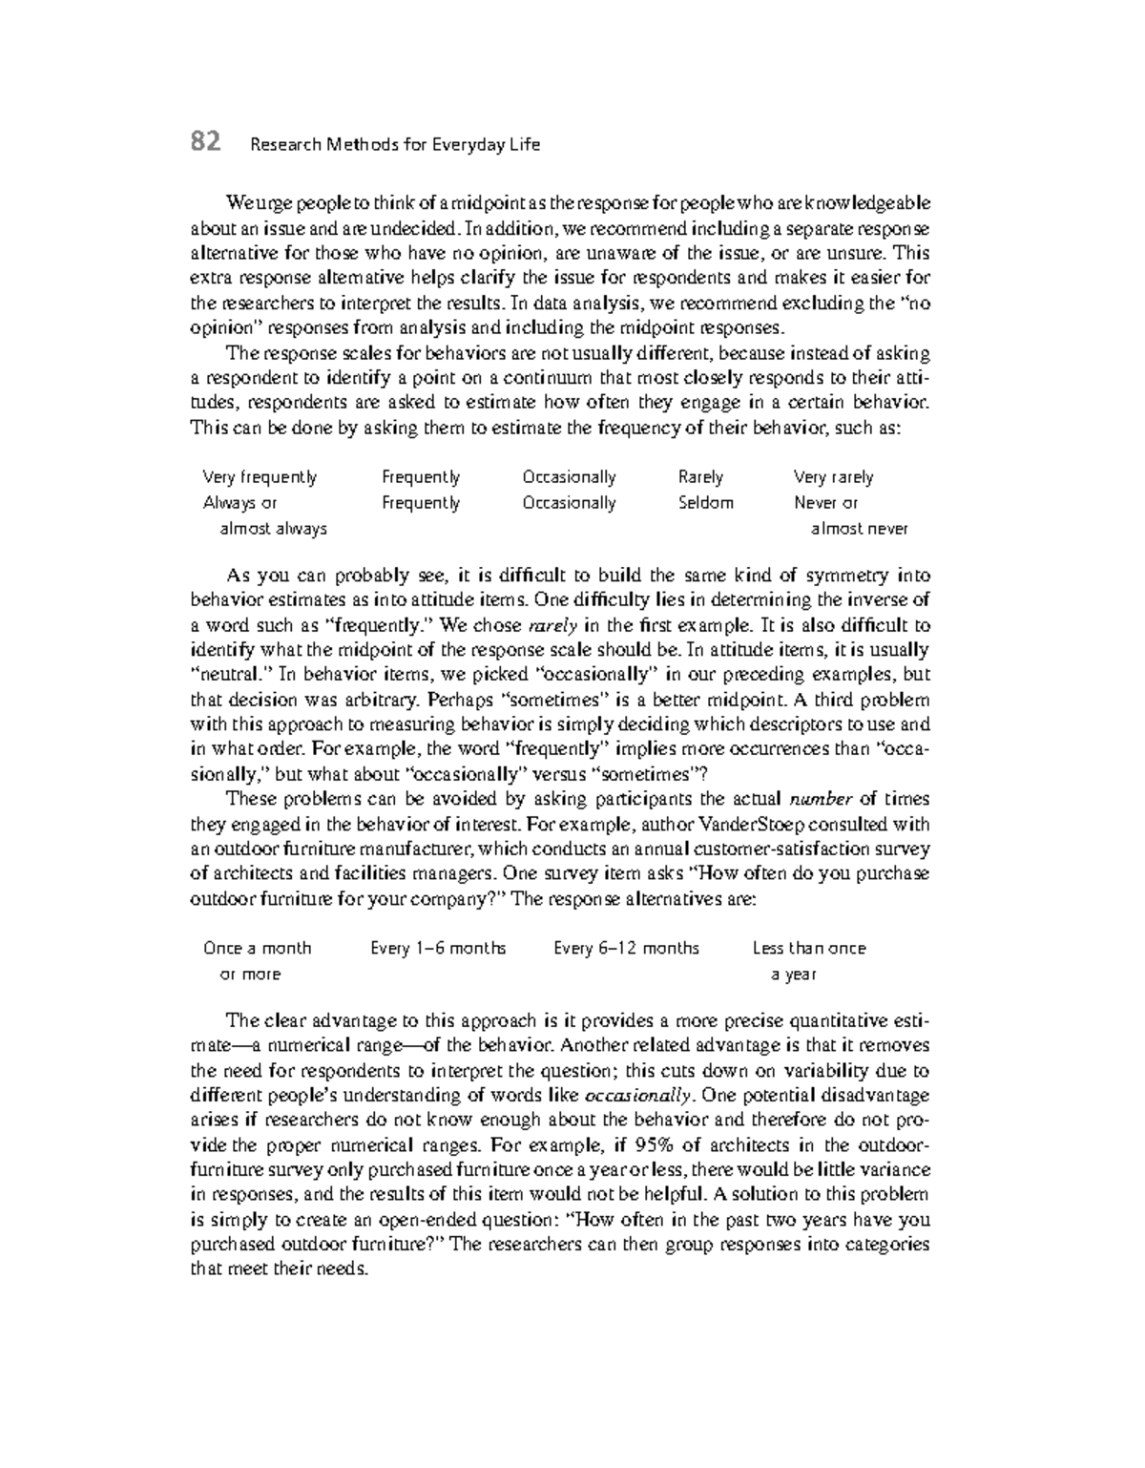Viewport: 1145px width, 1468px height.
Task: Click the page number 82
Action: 206,142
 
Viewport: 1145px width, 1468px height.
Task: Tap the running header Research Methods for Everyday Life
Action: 394,145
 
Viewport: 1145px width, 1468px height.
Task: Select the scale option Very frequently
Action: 260,477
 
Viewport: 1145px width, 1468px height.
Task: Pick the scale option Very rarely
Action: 833,477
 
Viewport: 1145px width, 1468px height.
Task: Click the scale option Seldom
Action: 705,503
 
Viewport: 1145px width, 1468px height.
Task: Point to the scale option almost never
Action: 859,529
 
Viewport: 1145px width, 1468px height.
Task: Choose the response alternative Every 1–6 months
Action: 438,949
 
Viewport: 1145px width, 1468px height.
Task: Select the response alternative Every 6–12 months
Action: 626,949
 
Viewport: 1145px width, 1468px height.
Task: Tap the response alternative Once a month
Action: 257,949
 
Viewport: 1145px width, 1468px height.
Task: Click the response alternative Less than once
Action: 808,949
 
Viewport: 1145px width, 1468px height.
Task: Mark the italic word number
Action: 818,800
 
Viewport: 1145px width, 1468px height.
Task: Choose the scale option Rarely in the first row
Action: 700,477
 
